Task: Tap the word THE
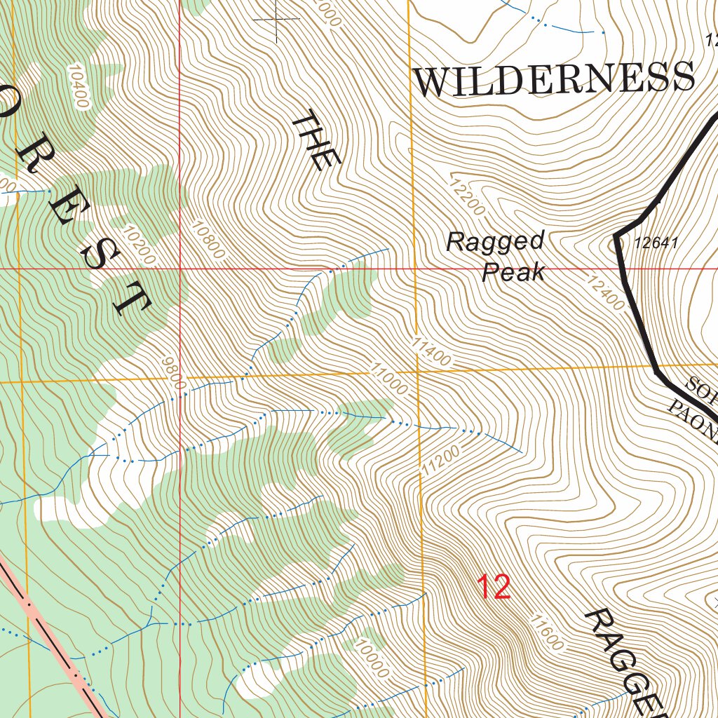[x=315, y=140]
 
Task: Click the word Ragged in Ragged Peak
[x=495, y=242]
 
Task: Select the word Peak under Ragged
[x=514, y=272]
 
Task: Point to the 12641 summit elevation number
[x=656, y=243]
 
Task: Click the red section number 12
[x=494, y=587]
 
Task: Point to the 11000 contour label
[x=389, y=379]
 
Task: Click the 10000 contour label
[x=371, y=658]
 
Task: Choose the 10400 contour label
[x=79, y=86]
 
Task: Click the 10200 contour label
[x=137, y=245]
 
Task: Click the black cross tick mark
[x=276, y=20]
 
